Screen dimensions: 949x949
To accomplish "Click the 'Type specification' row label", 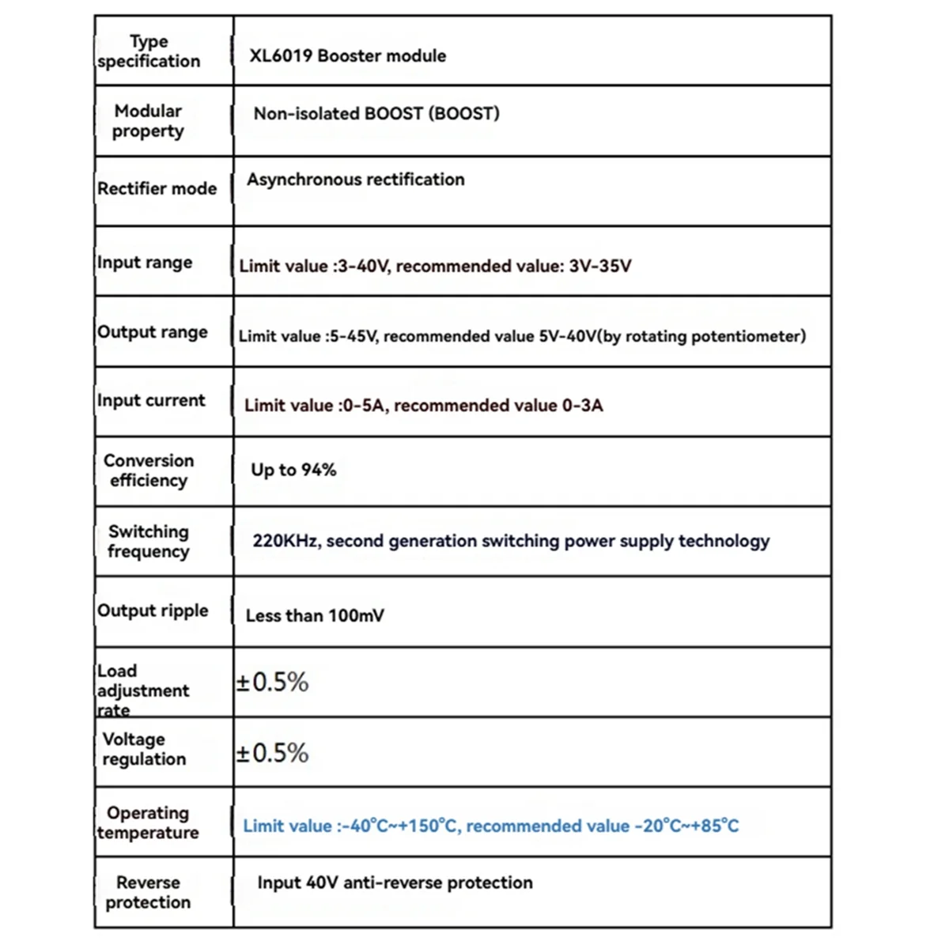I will click(x=149, y=51).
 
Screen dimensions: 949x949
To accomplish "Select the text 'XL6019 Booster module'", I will click(x=347, y=56).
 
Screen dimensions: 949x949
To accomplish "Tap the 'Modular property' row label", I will click(x=148, y=121).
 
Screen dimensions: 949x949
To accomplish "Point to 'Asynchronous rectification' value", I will click(x=355, y=180).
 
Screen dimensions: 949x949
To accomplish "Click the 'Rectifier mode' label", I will click(x=157, y=189).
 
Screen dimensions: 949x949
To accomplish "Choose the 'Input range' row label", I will click(x=145, y=263).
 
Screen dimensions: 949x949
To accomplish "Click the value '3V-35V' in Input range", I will click(x=599, y=267).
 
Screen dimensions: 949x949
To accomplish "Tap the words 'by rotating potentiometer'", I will click(x=701, y=336).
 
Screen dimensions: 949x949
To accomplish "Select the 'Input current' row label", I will click(x=151, y=401).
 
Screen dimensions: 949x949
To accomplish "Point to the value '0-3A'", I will click(x=582, y=406).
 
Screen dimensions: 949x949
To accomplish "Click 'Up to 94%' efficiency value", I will click(x=293, y=470).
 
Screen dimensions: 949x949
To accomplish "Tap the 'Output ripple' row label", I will click(x=153, y=611).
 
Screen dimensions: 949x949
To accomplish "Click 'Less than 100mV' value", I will click(x=315, y=616).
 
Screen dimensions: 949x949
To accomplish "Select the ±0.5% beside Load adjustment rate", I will click(x=272, y=682).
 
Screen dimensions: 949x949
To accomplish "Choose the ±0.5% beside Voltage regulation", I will click(x=272, y=753).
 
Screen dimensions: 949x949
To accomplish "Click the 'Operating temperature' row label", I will click(x=148, y=822).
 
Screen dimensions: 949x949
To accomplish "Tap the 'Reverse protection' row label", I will click(x=148, y=892).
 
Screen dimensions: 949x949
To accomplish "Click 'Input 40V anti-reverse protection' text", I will click(x=395, y=883).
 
